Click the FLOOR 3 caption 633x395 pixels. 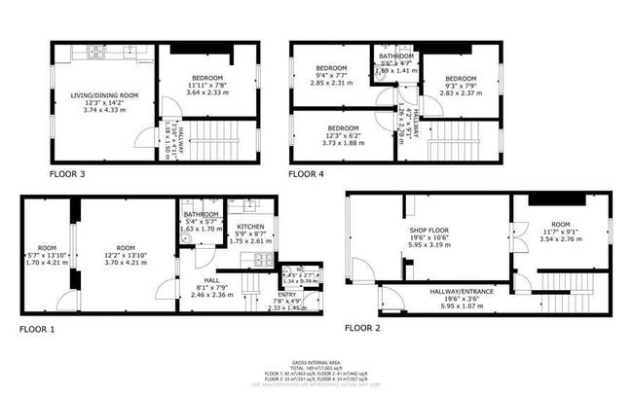(x=68, y=174)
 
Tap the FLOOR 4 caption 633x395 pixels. (x=306, y=174)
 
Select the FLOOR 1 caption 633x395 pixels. (x=38, y=329)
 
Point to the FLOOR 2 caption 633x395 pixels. (x=363, y=328)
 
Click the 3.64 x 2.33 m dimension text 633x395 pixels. (x=205, y=93)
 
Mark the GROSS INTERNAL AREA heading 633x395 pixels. (x=316, y=361)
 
